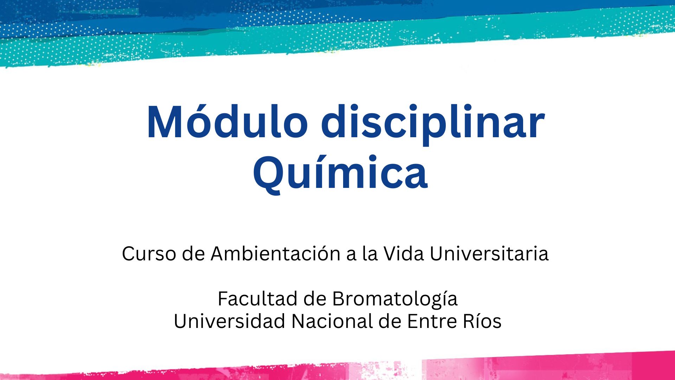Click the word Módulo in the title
227,122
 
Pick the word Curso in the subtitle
149,253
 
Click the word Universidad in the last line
230,321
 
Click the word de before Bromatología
315,298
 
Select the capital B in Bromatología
339,299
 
